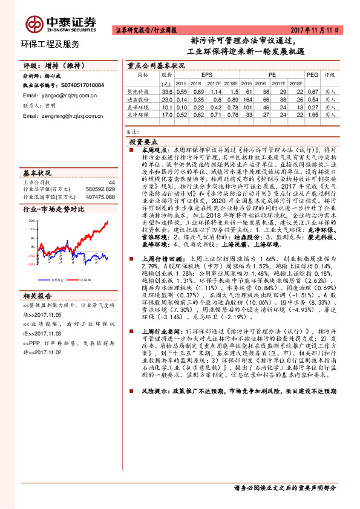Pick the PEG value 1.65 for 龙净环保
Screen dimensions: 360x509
click(313, 113)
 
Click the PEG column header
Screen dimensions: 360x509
click(312, 75)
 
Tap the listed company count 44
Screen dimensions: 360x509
click(111, 181)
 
